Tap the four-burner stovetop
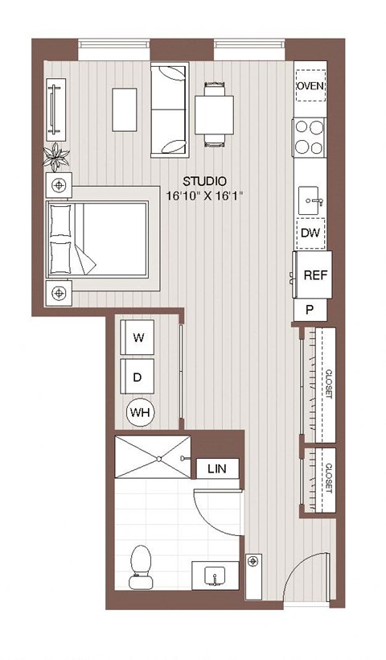[310, 137]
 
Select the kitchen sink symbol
[310, 197]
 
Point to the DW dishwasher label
[310, 233]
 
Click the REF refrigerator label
[314, 274]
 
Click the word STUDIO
[204, 181]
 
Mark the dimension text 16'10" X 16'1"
[204, 196]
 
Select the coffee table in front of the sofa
[125, 109]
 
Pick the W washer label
[138, 338]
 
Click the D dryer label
[138, 376]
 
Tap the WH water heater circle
[141, 414]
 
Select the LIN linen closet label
[216, 468]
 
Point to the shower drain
[158, 458]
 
